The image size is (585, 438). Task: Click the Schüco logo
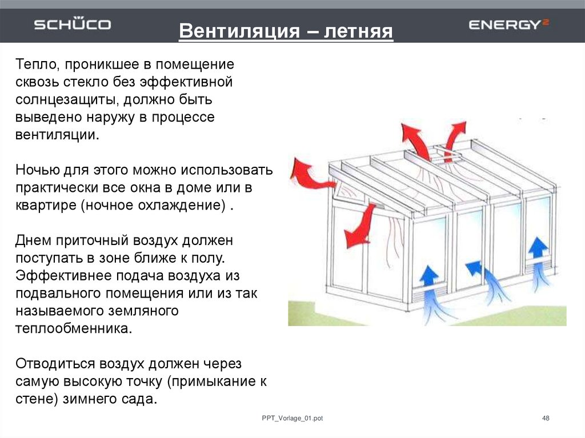tap(72, 25)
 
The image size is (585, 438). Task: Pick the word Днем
tap(32, 241)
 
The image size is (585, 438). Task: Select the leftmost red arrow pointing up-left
tap(308, 172)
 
